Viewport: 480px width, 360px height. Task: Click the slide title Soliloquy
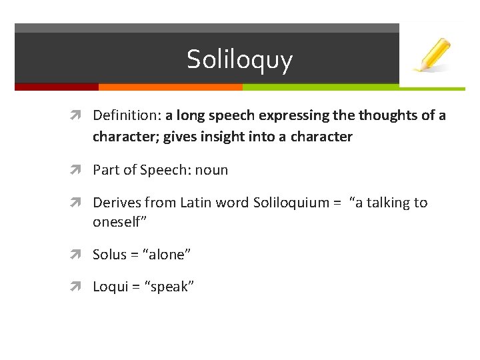tap(239, 59)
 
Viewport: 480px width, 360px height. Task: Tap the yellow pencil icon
tap(432, 55)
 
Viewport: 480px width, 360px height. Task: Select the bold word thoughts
tap(389, 115)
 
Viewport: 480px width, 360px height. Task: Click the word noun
tap(211, 170)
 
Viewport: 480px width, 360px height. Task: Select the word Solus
tap(109, 255)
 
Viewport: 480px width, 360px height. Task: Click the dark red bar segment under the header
tap(56, 87)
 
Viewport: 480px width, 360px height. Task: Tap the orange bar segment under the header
tap(170, 87)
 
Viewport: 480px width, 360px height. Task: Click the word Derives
tap(115, 203)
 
